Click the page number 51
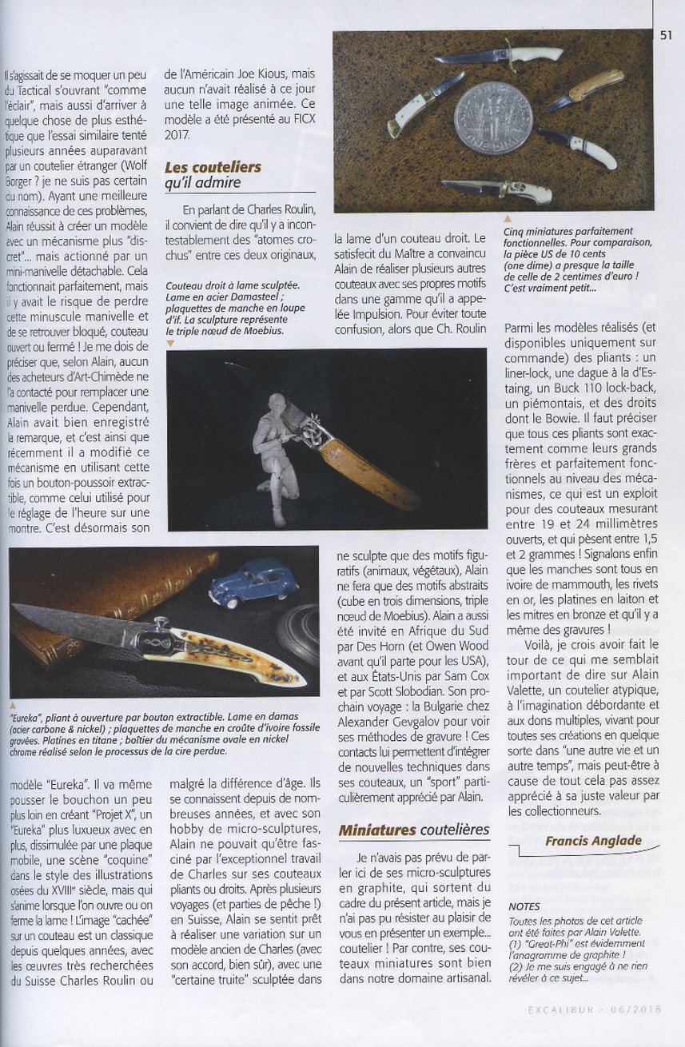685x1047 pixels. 667,35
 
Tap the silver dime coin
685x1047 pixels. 492,117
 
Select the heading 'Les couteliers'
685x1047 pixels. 213,167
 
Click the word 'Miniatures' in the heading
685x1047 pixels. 377,830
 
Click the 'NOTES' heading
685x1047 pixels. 524,907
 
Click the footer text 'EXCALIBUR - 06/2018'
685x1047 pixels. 595,1009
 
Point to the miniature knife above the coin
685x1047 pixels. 500,57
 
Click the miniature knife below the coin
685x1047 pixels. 497,189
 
